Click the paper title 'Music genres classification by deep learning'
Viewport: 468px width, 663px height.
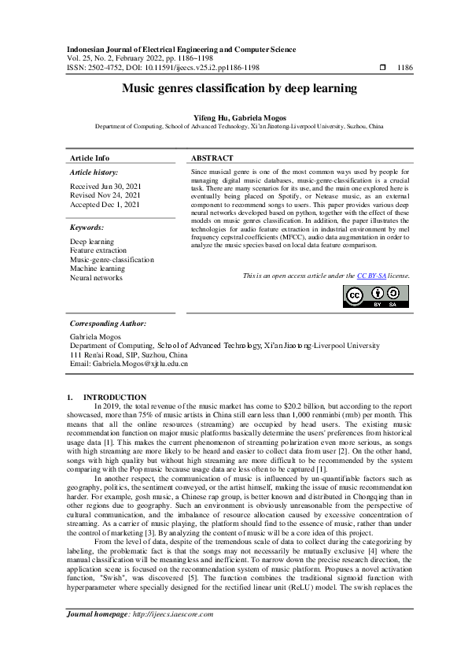pyautogui.click(x=234, y=89)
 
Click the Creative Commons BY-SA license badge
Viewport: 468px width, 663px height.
pyautogui.click(x=376, y=296)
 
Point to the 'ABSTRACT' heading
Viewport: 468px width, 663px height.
pyautogui.click(x=212, y=158)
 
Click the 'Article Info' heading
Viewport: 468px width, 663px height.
pyautogui.click(x=90, y=158)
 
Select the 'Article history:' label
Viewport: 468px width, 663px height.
pyautogui.click(x=94, y=172)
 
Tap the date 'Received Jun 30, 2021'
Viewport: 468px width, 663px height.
pyautogui.click(x=106, y=187)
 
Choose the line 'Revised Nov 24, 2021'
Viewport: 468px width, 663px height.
pyautogui.click(x=105, y=195)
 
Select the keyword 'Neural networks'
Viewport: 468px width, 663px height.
pyautogui.click(x=96, y=278)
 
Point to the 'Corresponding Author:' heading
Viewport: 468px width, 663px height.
pyautogui.click(x=108, y=324)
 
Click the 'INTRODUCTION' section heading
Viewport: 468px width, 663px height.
pyautogui.click(x=114, y=397)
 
